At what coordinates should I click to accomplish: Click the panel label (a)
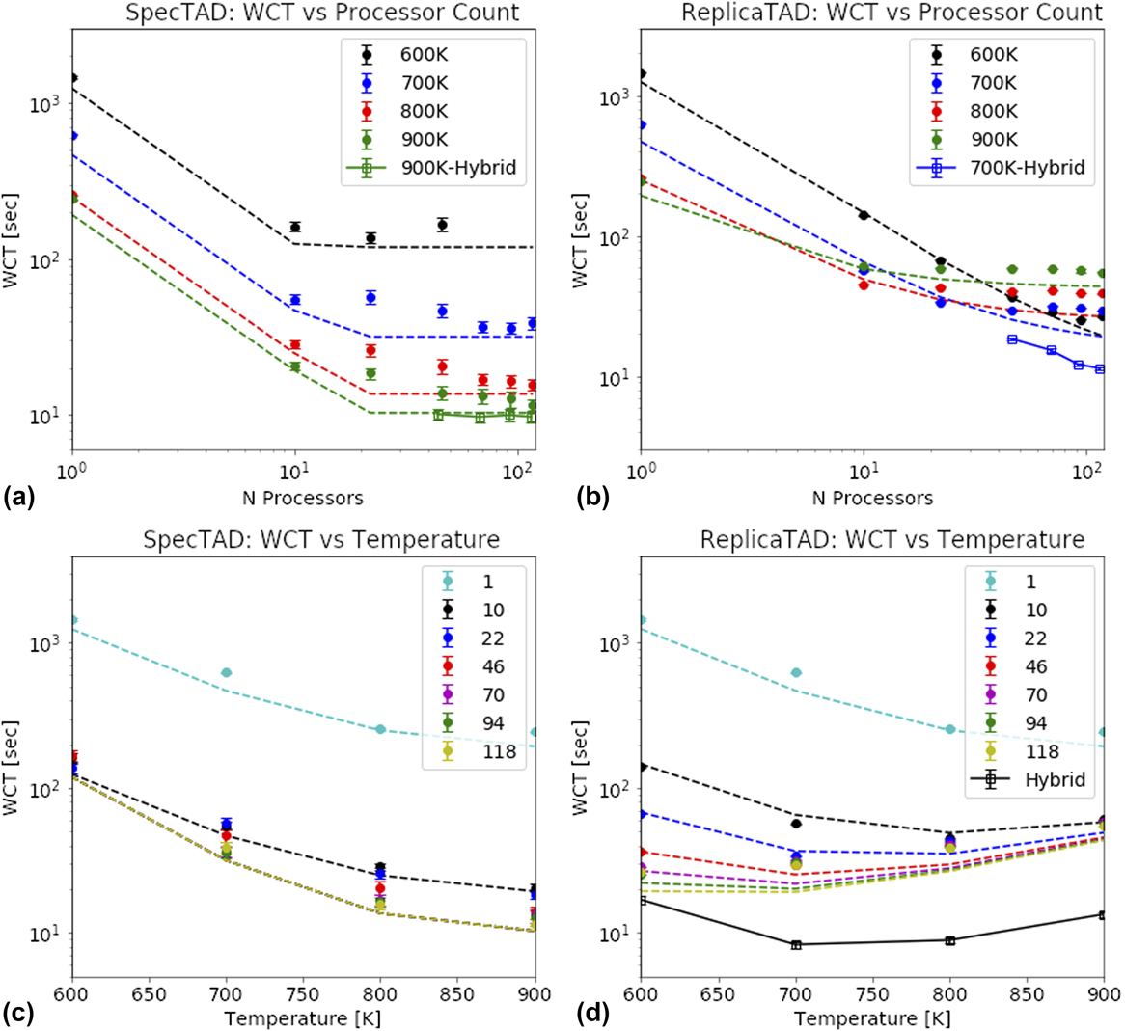coord(20,499)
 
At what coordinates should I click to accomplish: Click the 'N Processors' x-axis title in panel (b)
coord(872,498)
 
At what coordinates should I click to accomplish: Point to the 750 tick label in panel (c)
coord(304,994)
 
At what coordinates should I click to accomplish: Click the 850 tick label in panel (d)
coord(1028,994)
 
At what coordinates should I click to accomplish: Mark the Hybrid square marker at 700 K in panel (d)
coord(796,944)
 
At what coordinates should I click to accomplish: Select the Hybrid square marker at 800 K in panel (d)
coord(950,940)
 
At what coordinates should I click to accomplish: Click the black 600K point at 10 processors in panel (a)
coord(295,227)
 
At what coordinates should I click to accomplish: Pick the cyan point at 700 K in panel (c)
coord(227,672)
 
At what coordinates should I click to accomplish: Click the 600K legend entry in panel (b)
coord(993,55)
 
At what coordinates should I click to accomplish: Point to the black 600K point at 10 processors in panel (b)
coord(864,215)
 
